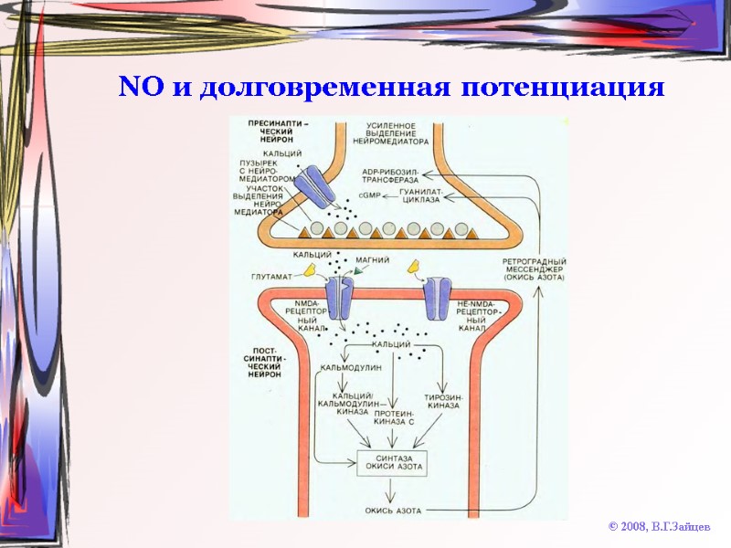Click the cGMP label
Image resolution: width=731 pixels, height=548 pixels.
click(x=371, y=195)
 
